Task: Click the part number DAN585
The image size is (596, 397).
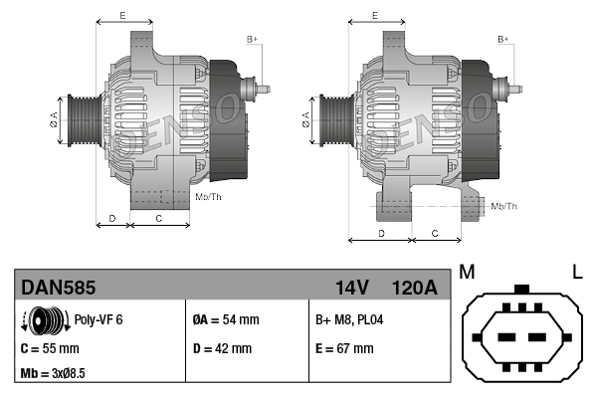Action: point(59,288)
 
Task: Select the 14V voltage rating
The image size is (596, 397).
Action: point(351,288)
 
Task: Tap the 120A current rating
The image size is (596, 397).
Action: point(414,288)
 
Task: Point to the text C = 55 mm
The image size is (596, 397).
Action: point(50,349)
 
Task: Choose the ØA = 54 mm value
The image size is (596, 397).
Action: point(225,320)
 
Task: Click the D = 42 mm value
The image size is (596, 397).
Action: point(221,349)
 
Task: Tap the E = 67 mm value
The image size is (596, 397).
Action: point(344,349)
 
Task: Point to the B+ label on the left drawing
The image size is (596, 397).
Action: point(252,39)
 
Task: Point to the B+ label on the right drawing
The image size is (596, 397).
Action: point(503,39)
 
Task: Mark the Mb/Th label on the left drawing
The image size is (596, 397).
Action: point(209,197)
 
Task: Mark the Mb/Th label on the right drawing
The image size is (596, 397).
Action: point(504,206)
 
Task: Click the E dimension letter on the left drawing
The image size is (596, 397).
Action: point(121,15)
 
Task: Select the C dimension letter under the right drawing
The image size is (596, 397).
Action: point(435,232)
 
